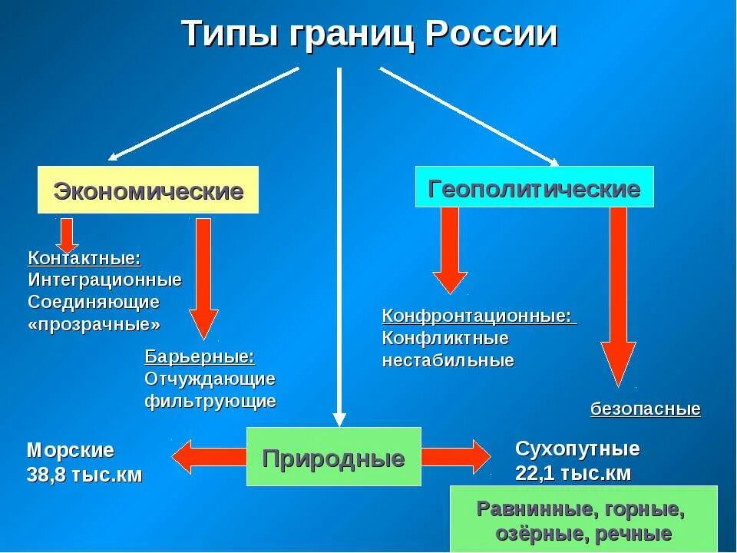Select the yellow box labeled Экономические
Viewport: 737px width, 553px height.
pyautogui.click(x=148, y=190)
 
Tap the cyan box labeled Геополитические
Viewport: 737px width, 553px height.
pyautogui.click(x=534, y=187)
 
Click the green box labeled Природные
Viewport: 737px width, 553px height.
pyautogui.click(x=333, y=459)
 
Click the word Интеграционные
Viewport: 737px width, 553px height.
pyautogui.click(x=104, y=280)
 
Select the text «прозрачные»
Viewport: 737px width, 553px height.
pyautogui.click(x=94, y=324)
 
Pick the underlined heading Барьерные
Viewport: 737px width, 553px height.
pyautogui.click(x=199, y=356)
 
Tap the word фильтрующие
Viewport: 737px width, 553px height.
pyautogui.click(x=210, y=401)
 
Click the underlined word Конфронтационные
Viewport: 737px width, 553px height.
pyautogui.click(x=477, y=316)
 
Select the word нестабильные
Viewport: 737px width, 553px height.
pyautogui.click(x=448, y=360)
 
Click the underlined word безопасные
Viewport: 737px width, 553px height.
pyautogui.click(x=645, y=409)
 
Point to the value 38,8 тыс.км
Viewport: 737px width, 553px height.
pyautogui.click(x=84, y=475)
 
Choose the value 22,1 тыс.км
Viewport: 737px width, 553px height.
pyautogui.click(x=573, y=473)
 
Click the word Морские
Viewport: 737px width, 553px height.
pyautogui.click(x=70, y=450)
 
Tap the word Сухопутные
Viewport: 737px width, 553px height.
pyautogui.click(x=577, y=449)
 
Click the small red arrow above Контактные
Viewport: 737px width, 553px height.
pyautogui.click(x=67, y=234)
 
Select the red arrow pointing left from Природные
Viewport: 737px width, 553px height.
pyautogui.click(x=207, y=458)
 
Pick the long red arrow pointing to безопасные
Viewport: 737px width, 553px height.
pyautogui.click(x=618, y=300)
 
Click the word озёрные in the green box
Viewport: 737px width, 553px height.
pyautogui.click(x=522, y=534)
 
